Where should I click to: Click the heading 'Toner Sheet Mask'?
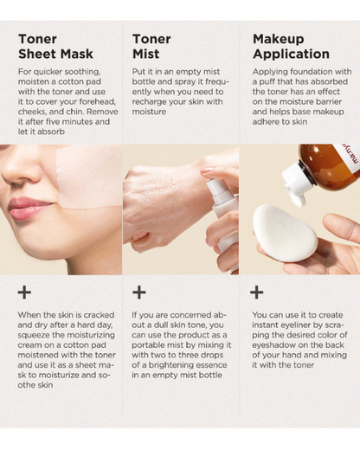55,47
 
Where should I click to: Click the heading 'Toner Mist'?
151,47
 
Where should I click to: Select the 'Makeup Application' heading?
291,47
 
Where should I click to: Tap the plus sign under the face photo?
24,292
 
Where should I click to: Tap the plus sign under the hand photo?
139,292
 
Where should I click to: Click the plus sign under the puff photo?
257,292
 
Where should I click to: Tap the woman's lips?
28,209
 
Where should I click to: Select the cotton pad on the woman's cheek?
89,177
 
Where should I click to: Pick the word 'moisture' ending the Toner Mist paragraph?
149,112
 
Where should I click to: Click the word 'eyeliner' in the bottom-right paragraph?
292,325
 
